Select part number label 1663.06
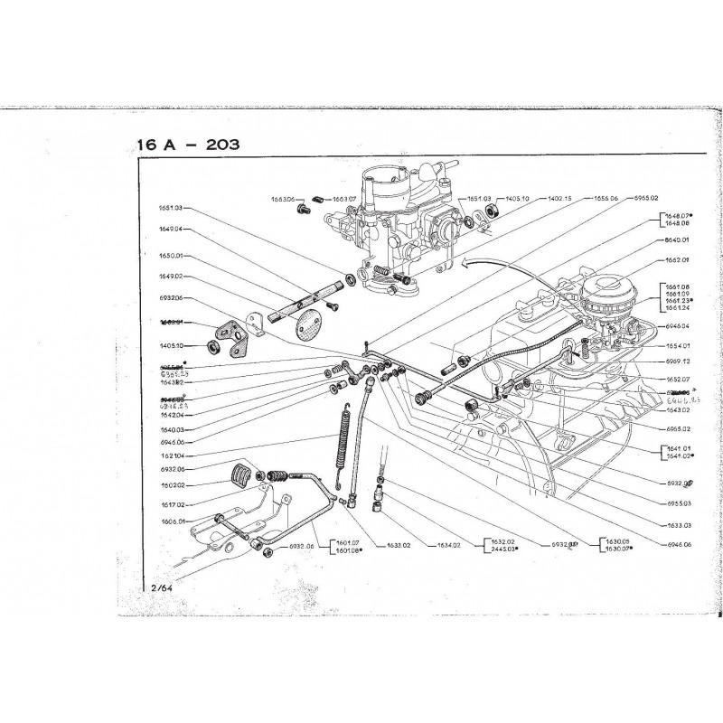tap(284, 198)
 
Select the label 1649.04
tap(167, 230)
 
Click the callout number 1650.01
tap(167, 256)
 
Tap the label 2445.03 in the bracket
tap(478, 549)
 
